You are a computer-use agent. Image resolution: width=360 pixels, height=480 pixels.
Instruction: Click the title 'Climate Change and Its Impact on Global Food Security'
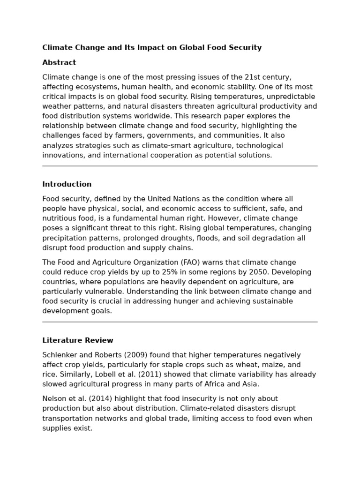pyautogui.click(x=152, y=47)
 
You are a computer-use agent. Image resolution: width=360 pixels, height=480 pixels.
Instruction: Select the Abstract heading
pyautogui.click(x=59, y=62)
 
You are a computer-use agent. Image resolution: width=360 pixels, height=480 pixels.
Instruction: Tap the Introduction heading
pyautogui.click(x=67, y=184)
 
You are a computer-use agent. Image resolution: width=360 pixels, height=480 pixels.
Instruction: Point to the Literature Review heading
pyautogui.click(x=78, y=340)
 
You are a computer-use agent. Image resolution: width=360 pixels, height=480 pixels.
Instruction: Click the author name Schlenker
pyautogui.click(x=60, y=355)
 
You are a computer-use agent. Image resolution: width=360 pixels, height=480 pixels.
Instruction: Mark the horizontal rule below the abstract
pyautogui.click(x=180, y=166)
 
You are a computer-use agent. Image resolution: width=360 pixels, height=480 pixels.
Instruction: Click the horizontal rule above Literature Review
pyautogui.click(x=180, y=322)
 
